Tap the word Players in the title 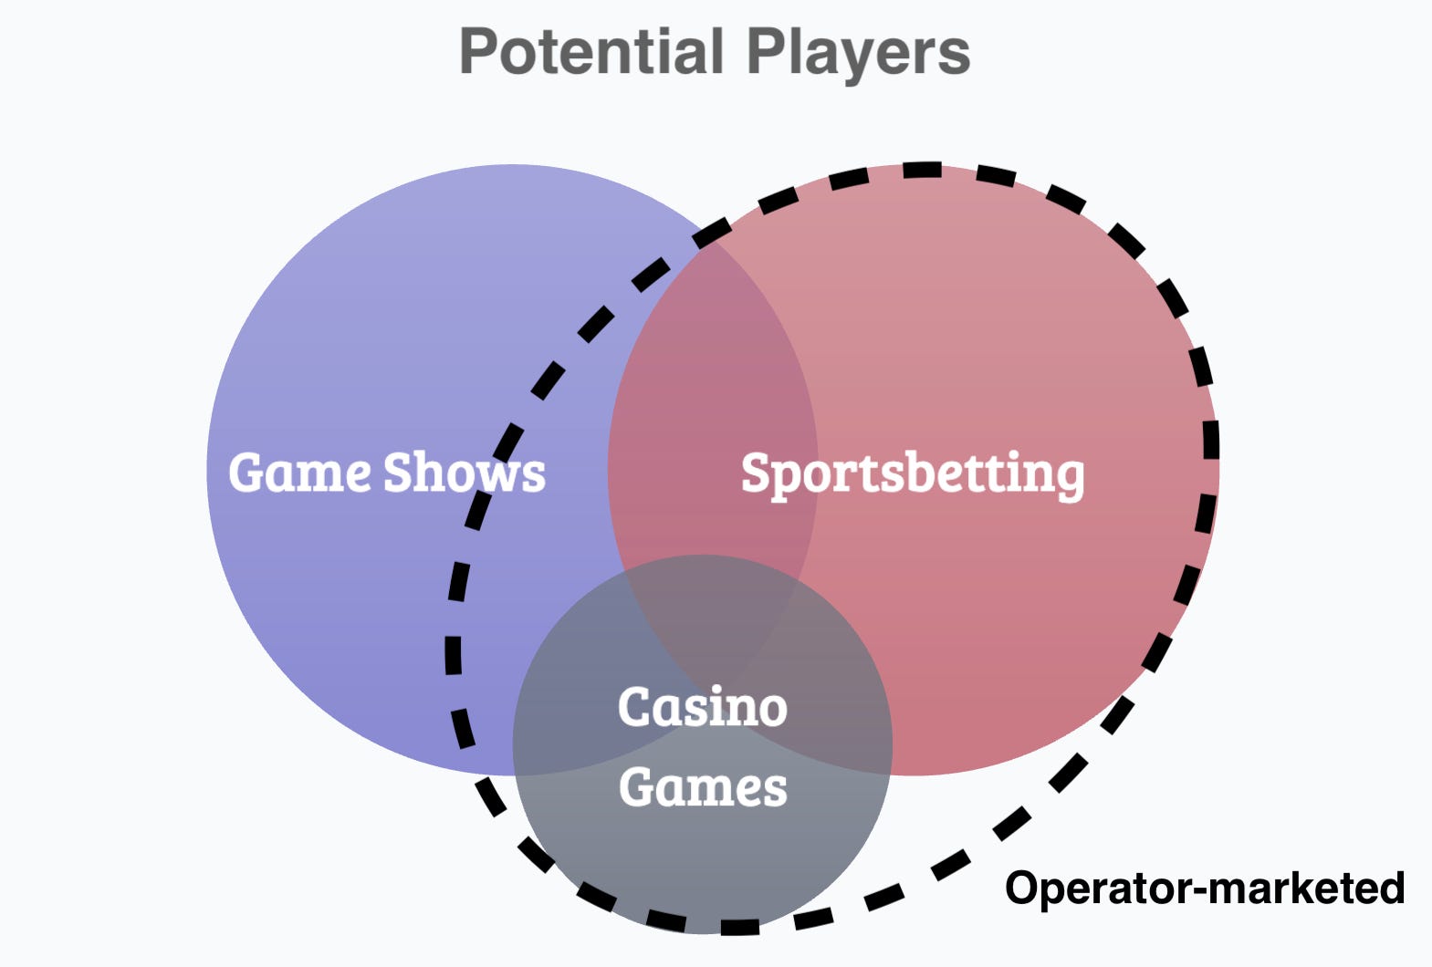[x=858, y=53]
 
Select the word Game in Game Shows [x=299, y=473]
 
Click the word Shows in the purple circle [x=465, y=473]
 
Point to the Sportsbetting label [x=913, y=474]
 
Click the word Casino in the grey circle [x=702, y=707]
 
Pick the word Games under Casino [x=703, y=787]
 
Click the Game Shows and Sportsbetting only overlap [x=712, y=392]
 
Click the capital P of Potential [x=478, y=53]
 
